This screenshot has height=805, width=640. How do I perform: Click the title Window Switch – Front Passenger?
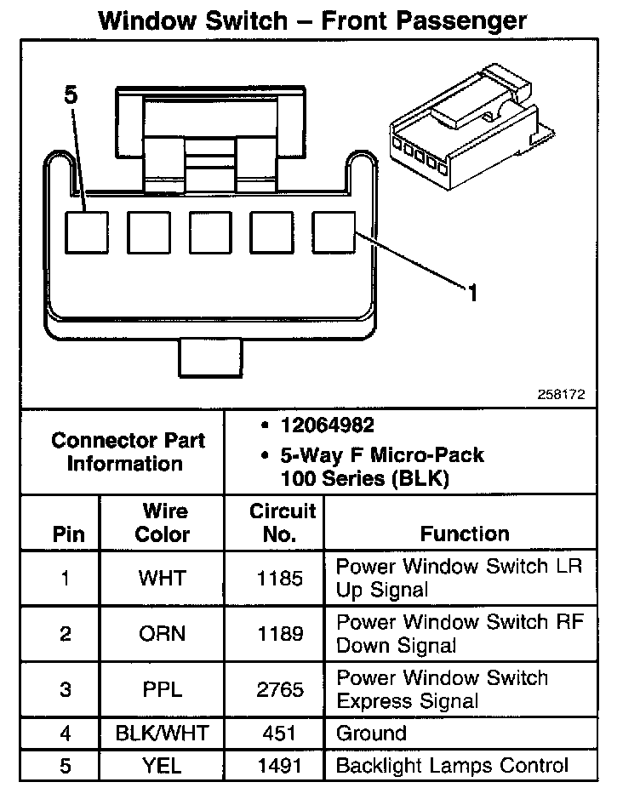coord(312,20)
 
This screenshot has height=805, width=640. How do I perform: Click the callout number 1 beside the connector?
coord(472,294)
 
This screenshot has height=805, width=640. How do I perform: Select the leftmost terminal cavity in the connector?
coord(88,231)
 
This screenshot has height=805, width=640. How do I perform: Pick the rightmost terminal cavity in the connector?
coord(334,231)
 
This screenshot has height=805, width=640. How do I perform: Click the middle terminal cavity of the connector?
coord(211,231)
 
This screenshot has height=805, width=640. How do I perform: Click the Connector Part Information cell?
coord(128,452)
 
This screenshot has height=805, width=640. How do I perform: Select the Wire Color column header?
coord(163,523)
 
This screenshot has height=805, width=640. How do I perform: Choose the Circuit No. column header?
coord(283,523)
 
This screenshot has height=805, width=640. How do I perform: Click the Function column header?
coord(465,534)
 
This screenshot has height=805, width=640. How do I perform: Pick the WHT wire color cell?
coord(162,579)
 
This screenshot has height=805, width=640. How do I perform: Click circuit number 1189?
coord(280,634)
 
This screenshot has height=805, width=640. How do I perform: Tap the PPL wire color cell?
coord(162,689)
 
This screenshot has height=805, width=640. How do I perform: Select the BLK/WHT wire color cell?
coord(162,733)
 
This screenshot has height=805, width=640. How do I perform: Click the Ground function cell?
coord(372,733)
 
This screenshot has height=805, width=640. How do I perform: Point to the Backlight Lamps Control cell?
coord(452,765)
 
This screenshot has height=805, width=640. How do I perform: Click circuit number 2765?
coord(280,689)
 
